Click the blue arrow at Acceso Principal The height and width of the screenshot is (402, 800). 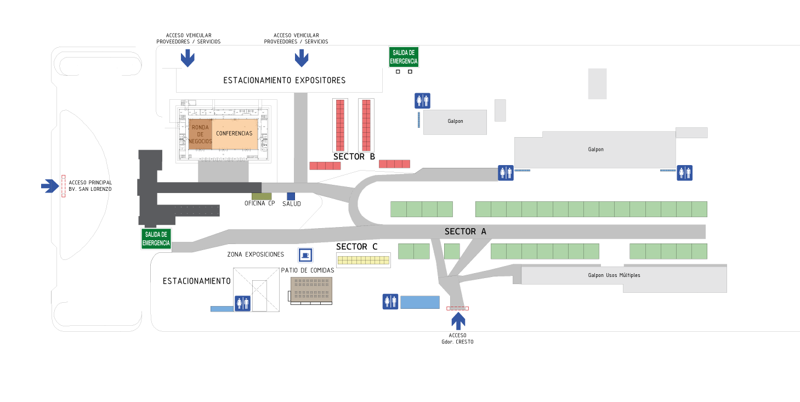pyautogui.click(x=50, y=186)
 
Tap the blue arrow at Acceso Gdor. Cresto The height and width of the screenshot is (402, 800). pyautogui.click(x=458, y=321)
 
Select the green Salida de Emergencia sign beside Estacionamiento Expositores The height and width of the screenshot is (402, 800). pyautogui.click(x=404, y=57)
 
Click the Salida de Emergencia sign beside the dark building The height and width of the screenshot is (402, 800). pyautogui.click(x=156, y=239)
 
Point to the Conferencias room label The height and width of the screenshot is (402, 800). pyautogui.click(x=234, y=133)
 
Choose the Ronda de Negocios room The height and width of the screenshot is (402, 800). pyautogui.click(x=200, y=134)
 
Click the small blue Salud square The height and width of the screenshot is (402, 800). pyautogui.click(x=291, y=196)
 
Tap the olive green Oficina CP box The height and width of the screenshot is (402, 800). pyautogui.click(x=262, y=196)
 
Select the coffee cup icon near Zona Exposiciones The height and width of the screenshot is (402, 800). pyautogui.click(x=305, y=255)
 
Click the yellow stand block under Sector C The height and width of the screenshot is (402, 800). pyautogui.click(x=363, y=260)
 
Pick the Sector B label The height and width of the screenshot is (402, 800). pyautogui.click(x=354, y=156)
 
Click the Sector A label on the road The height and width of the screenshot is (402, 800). pyautogui.click(x=466, y=231)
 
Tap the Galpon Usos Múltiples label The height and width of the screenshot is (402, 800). pyautogui.click(x=614, y=275)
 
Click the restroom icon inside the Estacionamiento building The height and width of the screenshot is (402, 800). pyautogui.click(x=242, y=303)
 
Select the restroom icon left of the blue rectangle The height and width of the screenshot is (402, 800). pyautogui.click(x=390, y=302)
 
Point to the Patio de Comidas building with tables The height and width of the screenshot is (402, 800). pyautogui.click(x=311, y=290)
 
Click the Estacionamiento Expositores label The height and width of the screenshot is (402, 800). pyautogui.click(x=284, y=81)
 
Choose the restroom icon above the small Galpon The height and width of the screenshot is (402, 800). pyautogui.click(x=423, y=101)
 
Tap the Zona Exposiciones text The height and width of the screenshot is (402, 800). pyautogui.click(x=256, y=254)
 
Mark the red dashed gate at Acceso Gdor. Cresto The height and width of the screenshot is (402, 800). pyautogui.click(x=457, y=308)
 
